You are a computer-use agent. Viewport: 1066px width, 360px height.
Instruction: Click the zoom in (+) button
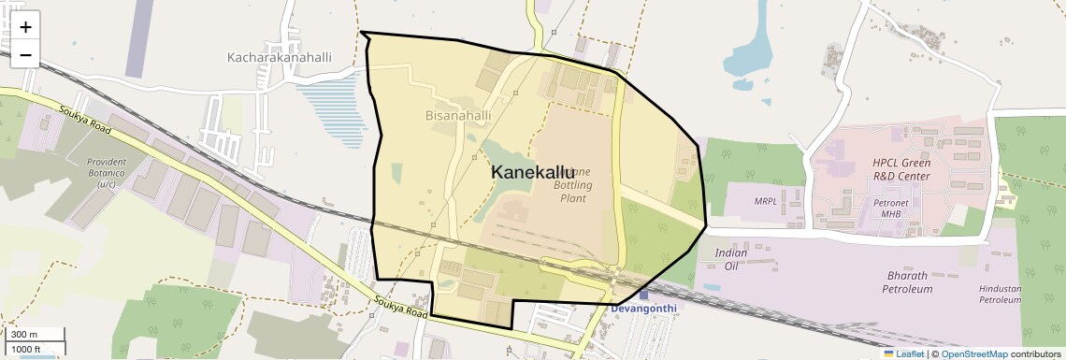point(25,27)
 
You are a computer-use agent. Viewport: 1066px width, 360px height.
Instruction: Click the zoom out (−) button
point(25,53)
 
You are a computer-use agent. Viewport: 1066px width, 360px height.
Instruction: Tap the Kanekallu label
point(533,172)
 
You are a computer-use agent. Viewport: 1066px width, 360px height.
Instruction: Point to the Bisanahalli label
point(458,116)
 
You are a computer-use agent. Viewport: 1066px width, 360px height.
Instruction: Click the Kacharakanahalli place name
point(280,57)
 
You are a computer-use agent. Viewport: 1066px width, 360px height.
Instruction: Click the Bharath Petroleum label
point(897,282)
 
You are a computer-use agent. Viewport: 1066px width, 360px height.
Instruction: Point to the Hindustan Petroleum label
point(999,295)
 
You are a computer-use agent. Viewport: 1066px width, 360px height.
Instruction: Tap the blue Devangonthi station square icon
point(643,295)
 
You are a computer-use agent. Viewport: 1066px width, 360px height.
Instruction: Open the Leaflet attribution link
point(903,353)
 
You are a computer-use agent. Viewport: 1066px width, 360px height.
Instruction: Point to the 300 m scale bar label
point(24,334)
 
